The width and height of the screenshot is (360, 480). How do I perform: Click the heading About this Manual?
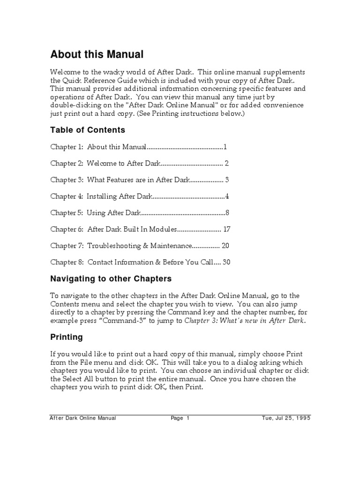click(x=97, y=55)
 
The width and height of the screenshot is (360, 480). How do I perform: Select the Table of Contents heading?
click(x=88, y=130)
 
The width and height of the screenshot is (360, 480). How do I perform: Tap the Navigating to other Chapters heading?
click(x=111, y=279)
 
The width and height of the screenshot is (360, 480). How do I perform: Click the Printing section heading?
click(x=67, y=337)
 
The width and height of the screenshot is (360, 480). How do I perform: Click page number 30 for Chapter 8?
click(x=227, y=262)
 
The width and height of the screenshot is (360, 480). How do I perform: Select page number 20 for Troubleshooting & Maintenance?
click(x=225, y=246)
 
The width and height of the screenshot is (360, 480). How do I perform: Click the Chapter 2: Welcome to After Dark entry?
click(x=105, y=164)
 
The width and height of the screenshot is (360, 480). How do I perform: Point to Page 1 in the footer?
click(x=180, y=418)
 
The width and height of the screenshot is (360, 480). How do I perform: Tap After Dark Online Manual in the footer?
click(x=83, y=418)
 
